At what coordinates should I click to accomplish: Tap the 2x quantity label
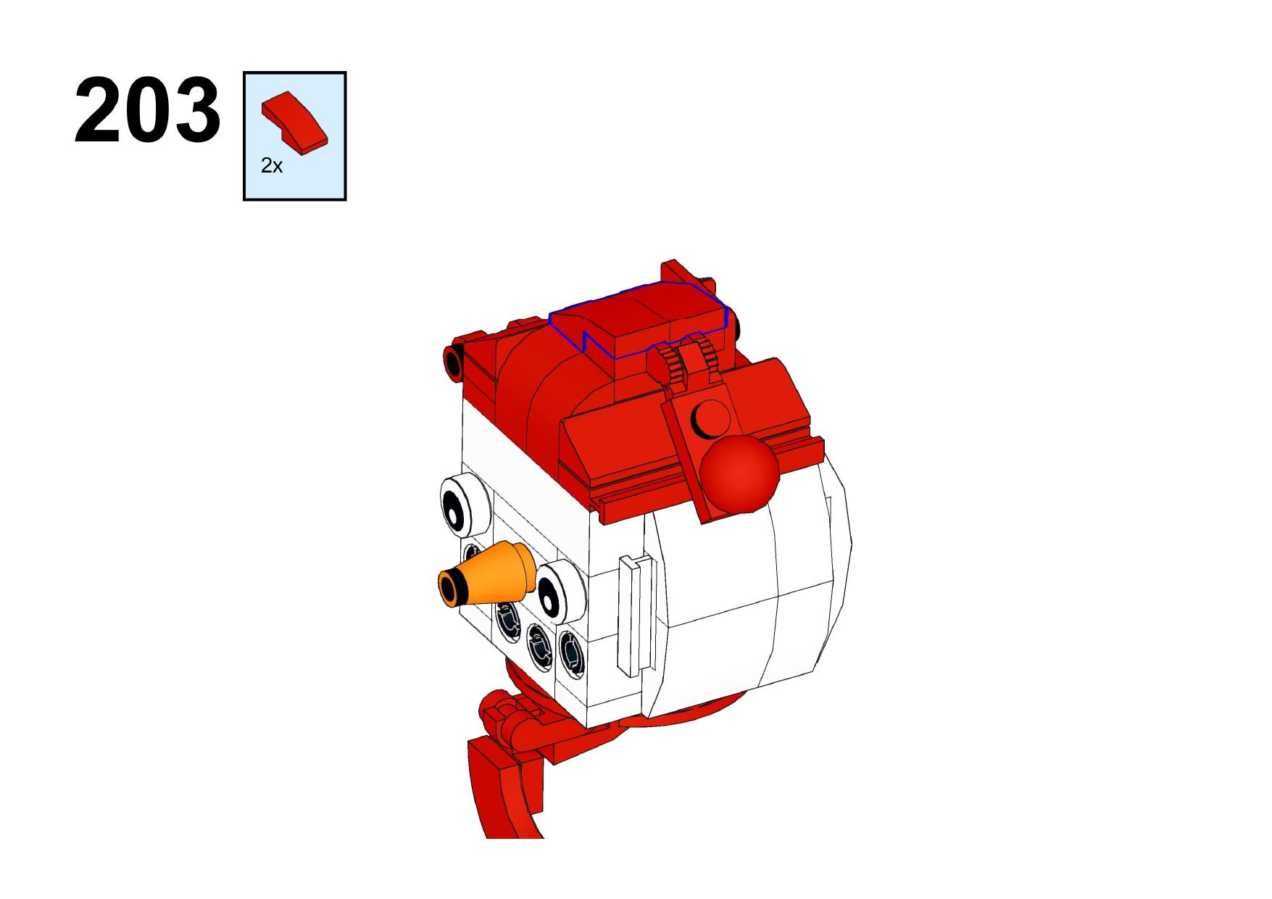271,166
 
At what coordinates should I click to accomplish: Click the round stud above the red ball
711,416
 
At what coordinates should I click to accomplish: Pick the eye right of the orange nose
558,589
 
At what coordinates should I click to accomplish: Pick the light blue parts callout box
294,136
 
